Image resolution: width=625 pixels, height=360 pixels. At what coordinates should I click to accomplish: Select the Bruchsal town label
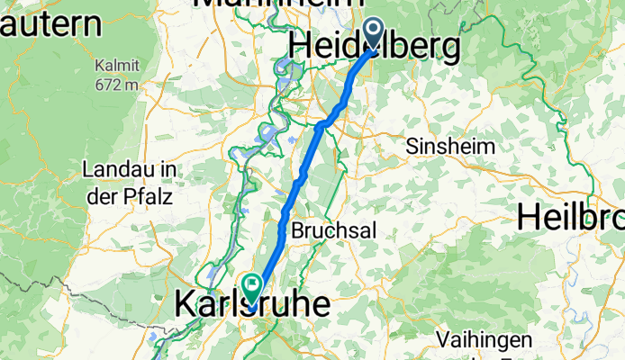pos(332,230)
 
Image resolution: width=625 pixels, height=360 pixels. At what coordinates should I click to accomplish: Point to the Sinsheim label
pos(449,147)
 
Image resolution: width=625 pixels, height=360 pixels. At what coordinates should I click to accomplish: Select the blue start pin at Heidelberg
pos(375,37)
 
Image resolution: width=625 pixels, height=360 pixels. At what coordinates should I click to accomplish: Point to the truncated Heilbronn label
pos(571,216)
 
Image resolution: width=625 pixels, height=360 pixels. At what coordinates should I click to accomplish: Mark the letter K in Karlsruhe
pos(183,304)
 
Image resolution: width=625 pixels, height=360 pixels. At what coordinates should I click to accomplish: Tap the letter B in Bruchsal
pos(297,230)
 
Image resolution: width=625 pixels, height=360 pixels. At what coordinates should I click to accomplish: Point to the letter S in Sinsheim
pos(413,147)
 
